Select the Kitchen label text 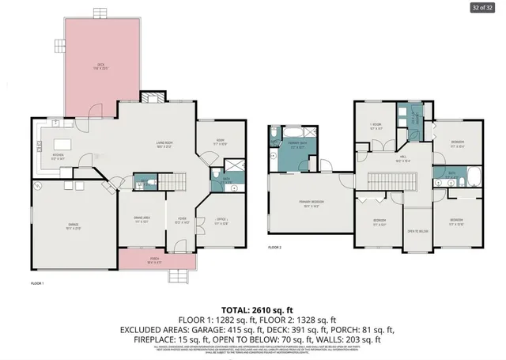(59, 156)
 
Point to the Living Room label (164, 143)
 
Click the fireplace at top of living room (150, 97)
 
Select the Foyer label (181, 222)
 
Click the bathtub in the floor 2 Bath (474, 175)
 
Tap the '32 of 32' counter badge (481, 8)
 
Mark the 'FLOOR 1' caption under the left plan (36, 282)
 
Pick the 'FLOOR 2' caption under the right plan (274, 248)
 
